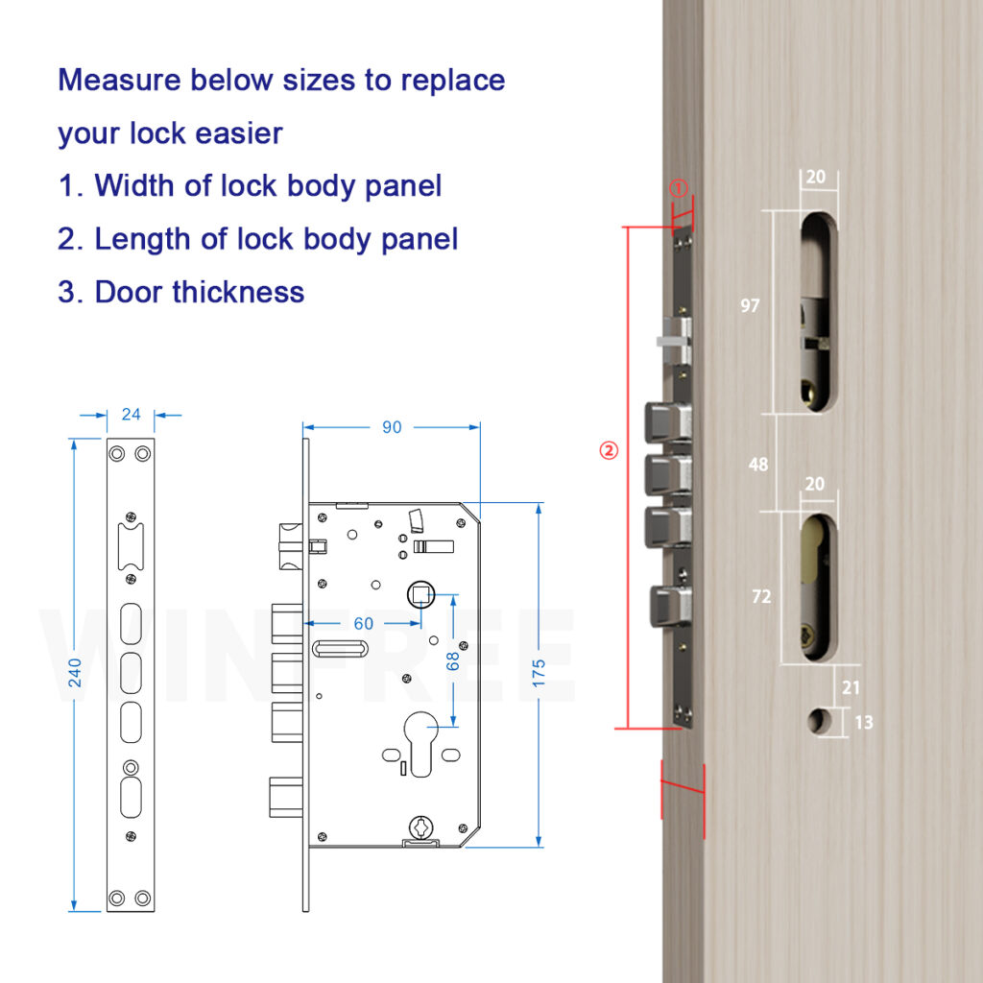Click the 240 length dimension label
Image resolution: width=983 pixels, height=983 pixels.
click(75, 673)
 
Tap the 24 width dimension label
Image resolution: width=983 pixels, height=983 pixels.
click(131, 415)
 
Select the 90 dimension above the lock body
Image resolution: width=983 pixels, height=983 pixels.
click(392, 427)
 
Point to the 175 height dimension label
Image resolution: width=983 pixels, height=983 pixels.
click(539, 673)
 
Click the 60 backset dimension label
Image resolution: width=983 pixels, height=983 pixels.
click(364, 623)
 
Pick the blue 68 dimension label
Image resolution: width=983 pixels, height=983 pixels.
click(453, 661)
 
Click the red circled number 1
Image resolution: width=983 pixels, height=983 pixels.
click(679, 187)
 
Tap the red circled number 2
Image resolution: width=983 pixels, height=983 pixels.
click(609, 450)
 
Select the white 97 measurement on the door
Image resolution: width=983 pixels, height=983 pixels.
click(750, 305)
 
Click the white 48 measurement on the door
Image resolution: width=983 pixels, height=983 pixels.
click(758, 464)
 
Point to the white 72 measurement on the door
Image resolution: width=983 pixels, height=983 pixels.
click(761, 596)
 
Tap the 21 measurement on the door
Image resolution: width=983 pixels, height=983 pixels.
click(851, 687)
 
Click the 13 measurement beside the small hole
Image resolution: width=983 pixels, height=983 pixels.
click(864, 722)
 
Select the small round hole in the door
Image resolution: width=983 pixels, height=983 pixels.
click(819, 721)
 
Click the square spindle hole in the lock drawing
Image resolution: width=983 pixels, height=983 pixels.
click(420, 594)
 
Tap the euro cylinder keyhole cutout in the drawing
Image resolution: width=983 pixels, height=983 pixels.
click(420, 743)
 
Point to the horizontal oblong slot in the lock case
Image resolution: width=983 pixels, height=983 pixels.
click(340, 649)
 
